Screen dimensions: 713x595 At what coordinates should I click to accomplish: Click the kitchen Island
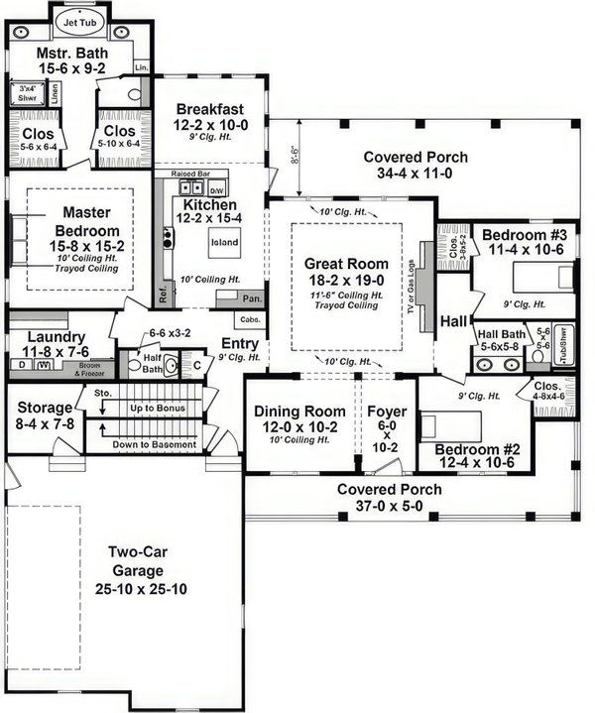221,240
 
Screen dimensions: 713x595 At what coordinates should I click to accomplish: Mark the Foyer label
386,412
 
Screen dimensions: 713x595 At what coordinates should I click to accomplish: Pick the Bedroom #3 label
524,234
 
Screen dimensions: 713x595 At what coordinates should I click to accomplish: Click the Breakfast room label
212,110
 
